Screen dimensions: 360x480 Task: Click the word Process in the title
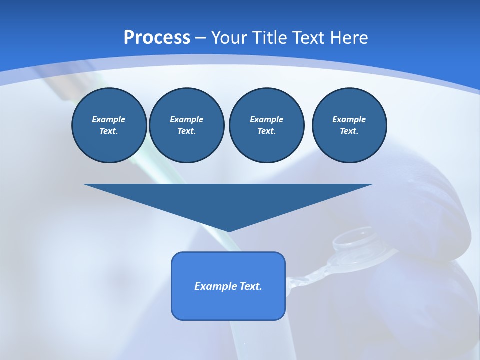point(157,38)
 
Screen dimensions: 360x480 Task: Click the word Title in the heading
point(270,38)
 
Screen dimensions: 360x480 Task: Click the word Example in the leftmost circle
point(109,119)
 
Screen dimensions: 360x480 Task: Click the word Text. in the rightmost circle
point(349,131)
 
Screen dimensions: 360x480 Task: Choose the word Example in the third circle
point(266,119)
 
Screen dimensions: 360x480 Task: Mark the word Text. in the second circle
point(187,131)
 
